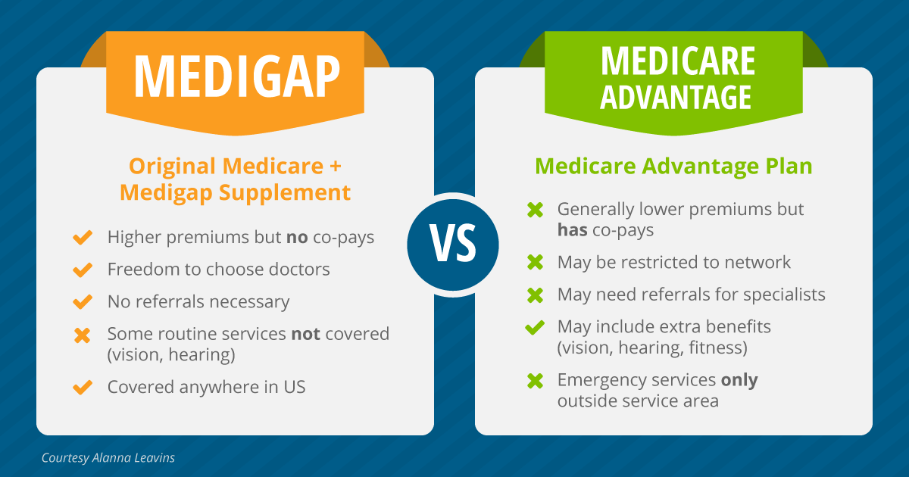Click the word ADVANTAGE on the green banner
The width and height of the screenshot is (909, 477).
[x=677, y=96]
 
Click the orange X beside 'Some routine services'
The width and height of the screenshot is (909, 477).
[x=82, y=335]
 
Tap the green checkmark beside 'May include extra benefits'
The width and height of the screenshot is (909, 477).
[x=535, y=327]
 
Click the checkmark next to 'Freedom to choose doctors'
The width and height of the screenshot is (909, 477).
[x=82, y=270]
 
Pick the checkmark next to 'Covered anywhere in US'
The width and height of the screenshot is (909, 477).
[x=82, y=387]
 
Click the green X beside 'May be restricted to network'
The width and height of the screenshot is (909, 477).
[x=535, y=262]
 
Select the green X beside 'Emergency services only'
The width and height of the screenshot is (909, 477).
[x=535, y=380]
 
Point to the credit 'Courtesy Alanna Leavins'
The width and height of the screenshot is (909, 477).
[x=108, y=458]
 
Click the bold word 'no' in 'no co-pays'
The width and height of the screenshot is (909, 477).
[x=296, y=237]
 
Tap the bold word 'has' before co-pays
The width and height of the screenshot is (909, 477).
[x=573, y=229]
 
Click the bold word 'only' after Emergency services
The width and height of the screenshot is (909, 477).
[x=739, y=380]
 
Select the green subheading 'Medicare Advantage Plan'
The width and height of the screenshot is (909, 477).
[x=673, y=166]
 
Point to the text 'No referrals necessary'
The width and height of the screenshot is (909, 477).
[x=198, y=302]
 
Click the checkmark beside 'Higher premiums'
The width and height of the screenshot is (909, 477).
[x=82, y=238]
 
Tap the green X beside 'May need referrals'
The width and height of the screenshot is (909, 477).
[x=535, y=295]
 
